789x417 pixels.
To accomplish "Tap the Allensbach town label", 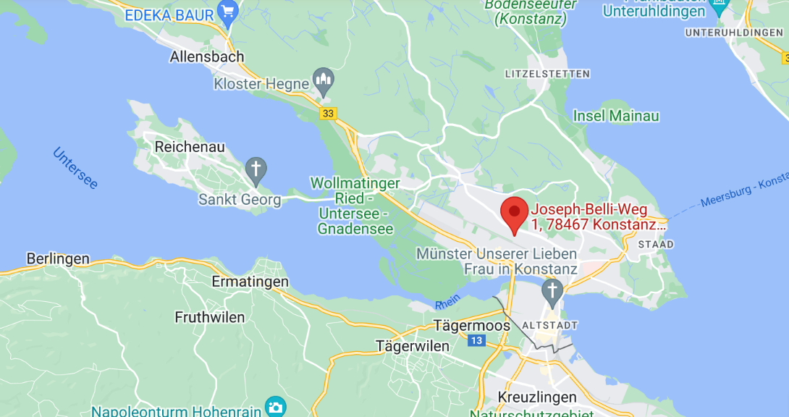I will [x=207, y=56].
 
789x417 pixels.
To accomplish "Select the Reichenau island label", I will [x=190, y=146].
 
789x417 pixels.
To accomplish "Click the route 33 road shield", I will [x=329, y=113].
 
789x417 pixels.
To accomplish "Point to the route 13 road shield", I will [x=476, y=340].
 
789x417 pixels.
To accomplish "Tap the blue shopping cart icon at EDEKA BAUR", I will [x=229, y=14].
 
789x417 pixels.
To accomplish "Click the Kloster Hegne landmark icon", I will [x=323, y=78].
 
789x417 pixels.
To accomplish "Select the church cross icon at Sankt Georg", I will [x=256, y=170].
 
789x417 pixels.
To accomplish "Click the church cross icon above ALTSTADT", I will [x=553, y=291].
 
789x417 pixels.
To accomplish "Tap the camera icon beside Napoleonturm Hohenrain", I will [x=275, y=407].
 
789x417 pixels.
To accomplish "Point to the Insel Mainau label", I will [x=616, y=116].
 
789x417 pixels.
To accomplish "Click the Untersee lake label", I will [x=75, y=168].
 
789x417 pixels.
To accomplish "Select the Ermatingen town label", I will [x=250, y=282].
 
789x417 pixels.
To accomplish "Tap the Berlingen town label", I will [x=58, y=258].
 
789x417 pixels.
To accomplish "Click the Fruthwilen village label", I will [x=210, y=317].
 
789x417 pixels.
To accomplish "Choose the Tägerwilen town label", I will [x=413, y=346].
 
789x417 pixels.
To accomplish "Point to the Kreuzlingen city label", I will [x=537, y=397].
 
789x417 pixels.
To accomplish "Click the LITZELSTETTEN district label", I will [x=547, y=74].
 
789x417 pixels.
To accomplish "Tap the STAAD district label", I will [x=656, y=245].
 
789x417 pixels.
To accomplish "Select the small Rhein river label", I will [x=448, y=305].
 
